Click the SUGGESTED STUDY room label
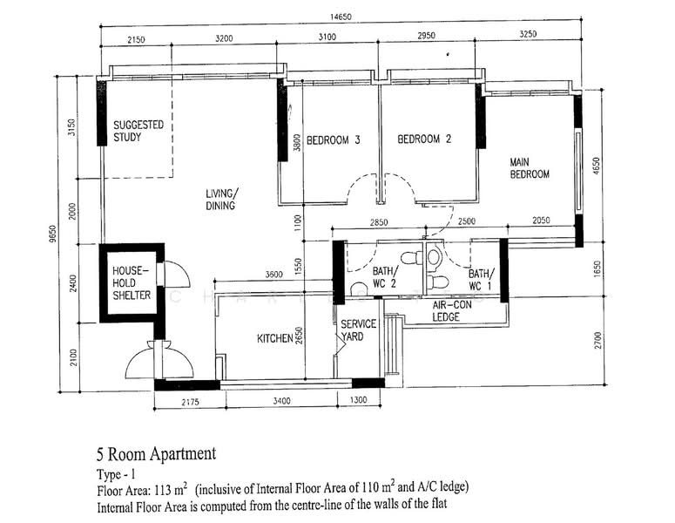pos(138,131)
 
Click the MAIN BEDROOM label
pos(530,167)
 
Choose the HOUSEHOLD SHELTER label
pos(132,283)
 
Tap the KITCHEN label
pos(274,338)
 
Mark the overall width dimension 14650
pos(339,17)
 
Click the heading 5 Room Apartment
pos(156,453)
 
